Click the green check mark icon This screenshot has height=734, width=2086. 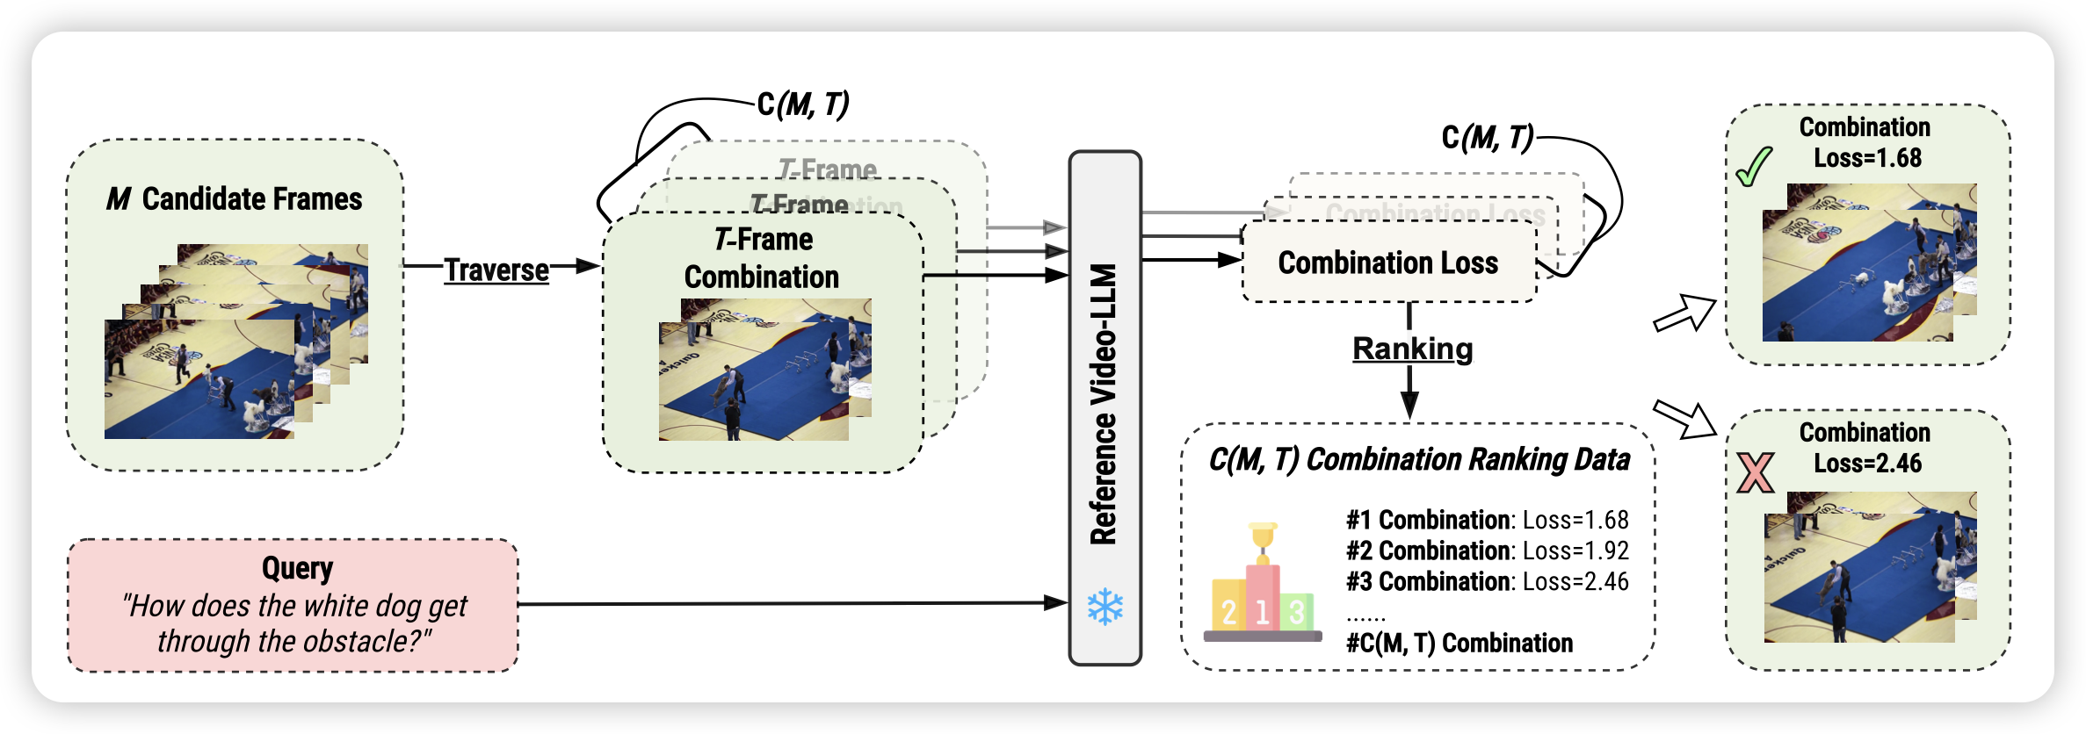tap(1754, 167)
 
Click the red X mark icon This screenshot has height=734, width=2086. tap(1756, 472)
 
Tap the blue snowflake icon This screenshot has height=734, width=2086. tap(1105, 607)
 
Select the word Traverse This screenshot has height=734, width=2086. tap(496, 270)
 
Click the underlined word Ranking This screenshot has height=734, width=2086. tap(1412, 349)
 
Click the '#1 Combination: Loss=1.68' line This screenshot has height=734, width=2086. tap(1487, 520)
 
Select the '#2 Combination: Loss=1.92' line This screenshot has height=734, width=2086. tap(1487, 550)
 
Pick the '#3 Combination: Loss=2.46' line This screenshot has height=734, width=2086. tap(1487, 581)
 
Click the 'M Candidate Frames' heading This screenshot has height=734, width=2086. tap(235, 199)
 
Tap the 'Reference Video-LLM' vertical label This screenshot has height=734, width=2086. tap(1104, 404)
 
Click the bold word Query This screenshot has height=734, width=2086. tap(297, 568)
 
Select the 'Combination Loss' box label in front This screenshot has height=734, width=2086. tap(1387, 263)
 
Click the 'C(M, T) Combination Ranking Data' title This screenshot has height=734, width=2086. tap(1418, 459)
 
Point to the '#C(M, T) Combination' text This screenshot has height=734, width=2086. tap(1459, 643)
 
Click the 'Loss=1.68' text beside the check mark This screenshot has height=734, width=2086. tap(1867, 158)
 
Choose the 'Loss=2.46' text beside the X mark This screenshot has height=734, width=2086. tap(1867, 464)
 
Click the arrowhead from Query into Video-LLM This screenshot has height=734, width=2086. tap(1056, 603)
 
